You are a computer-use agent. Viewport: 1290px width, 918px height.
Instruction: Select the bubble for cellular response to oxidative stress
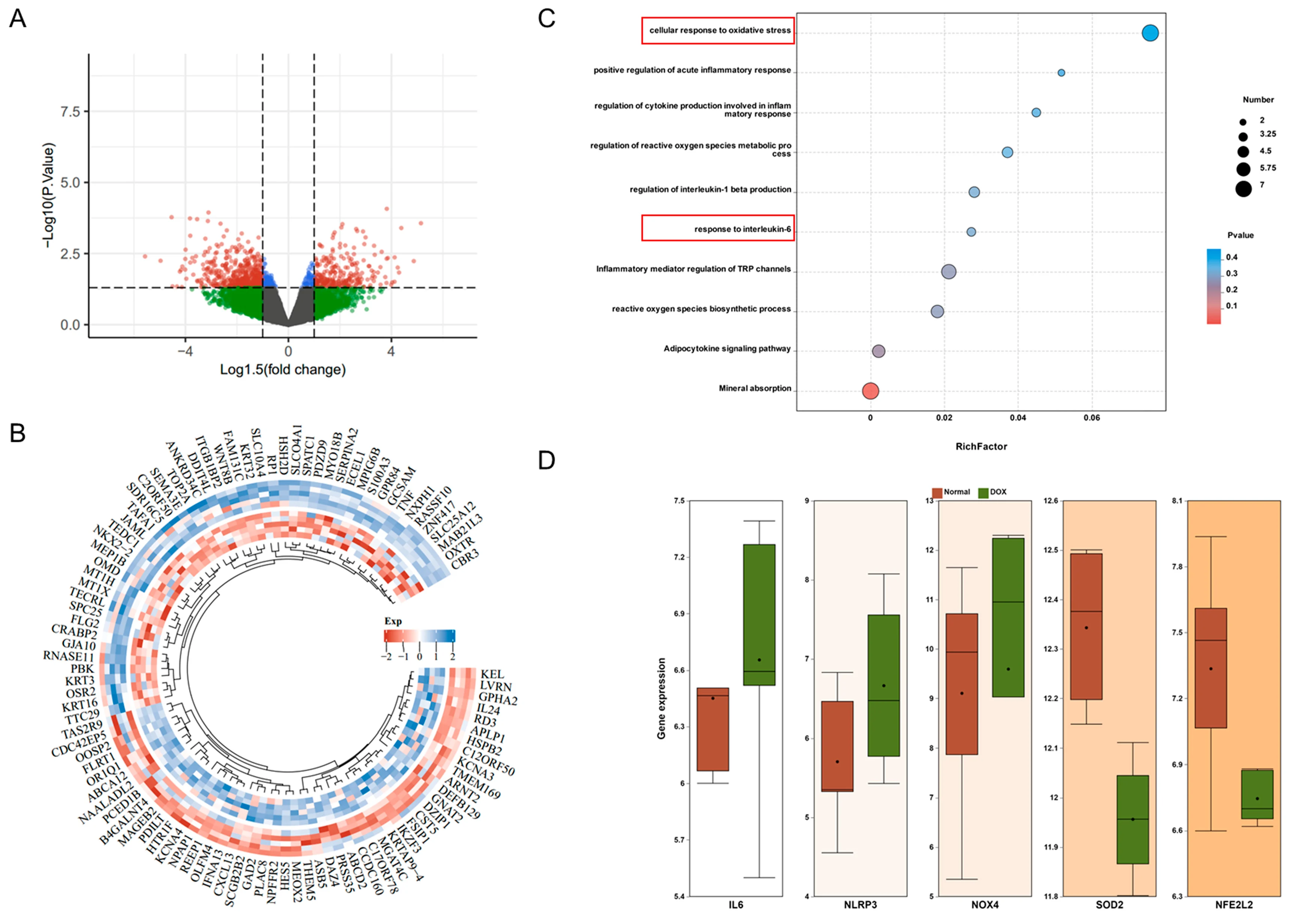pos(1150,33)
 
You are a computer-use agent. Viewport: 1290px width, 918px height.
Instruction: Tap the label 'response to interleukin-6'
pos(742,229)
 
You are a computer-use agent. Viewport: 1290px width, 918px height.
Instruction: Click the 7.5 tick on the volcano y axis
pos(70,111)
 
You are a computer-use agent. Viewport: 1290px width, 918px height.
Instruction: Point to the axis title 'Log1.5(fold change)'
pos(283,370)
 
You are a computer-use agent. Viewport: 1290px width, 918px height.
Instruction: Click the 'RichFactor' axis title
pos(981,447)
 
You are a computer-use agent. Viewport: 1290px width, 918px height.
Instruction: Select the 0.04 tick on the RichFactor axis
pos(1018,418)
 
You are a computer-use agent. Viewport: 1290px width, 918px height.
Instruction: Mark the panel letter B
pos(18,434)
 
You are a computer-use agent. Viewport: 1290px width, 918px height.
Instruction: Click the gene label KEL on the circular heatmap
pos(492,674)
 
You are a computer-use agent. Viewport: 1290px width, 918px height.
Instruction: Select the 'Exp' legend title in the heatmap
pos(393,621)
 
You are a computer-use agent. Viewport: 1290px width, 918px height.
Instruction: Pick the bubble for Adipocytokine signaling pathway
pos(878,351)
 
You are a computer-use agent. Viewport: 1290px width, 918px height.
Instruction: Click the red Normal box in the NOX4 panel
pos(962,684)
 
